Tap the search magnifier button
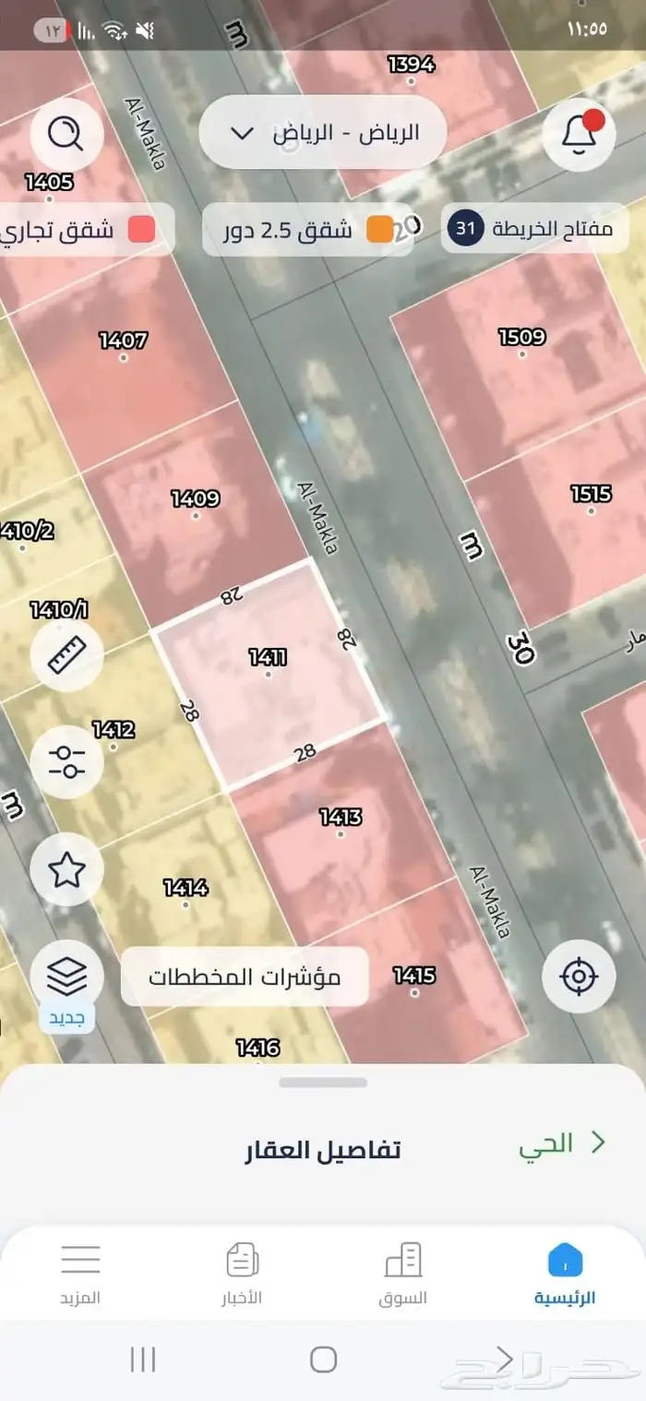coord(66,135)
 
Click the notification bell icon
coord(579,135)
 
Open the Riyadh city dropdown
coord(322,132)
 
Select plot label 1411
coord(268,658)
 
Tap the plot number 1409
coord(195,499)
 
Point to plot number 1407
coord(123,341)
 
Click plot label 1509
coord(521,337)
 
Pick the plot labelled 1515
coord(591,494)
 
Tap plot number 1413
coord(341,817)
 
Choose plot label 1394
coord(411,64)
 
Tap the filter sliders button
coord(66,762)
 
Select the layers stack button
coord(66,974)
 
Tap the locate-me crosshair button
coord(579,976)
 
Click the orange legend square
coord(379,230)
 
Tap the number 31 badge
coord(466,230)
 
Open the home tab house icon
coord(565,1260)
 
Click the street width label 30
coord(520,649)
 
